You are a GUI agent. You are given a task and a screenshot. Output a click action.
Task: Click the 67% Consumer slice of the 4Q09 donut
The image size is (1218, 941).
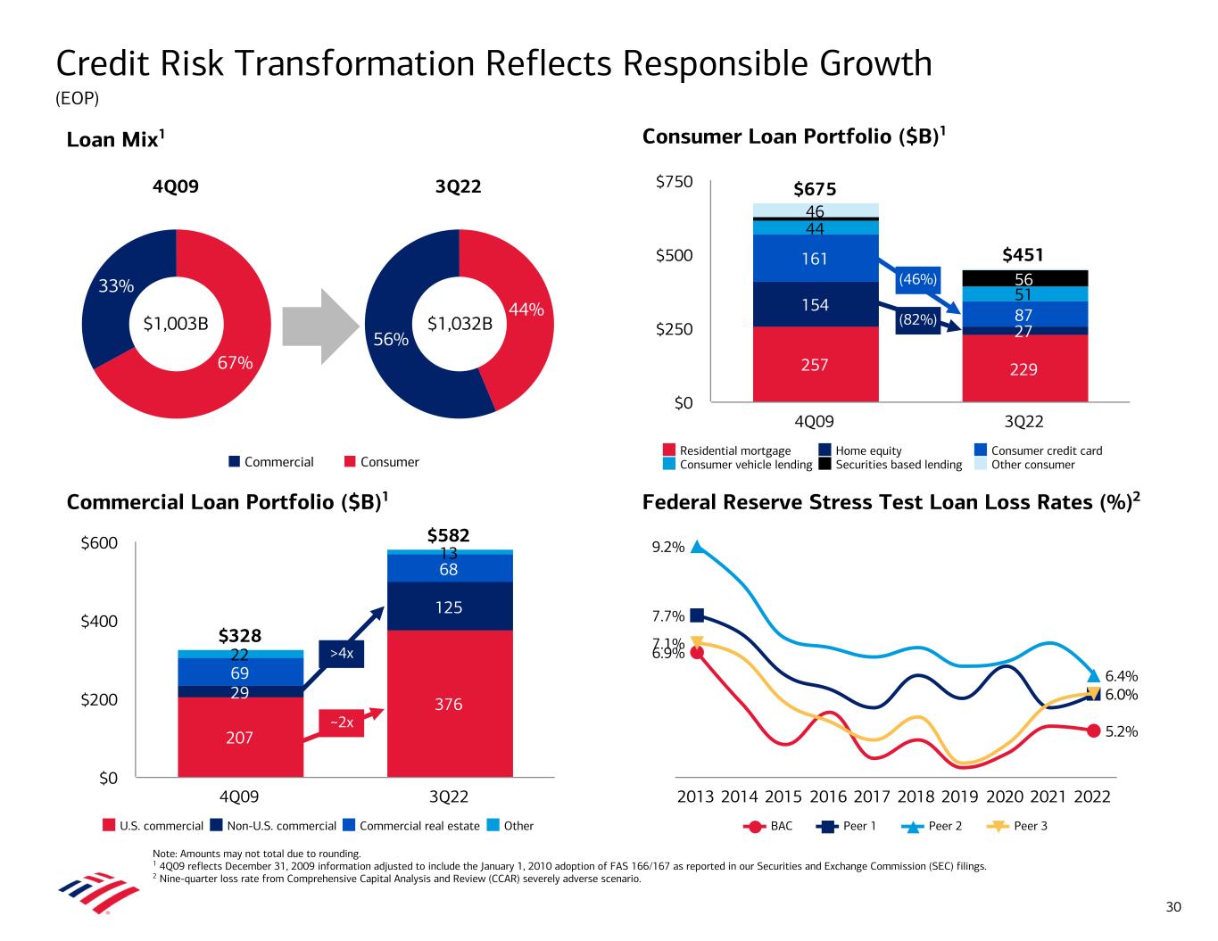[x=223, y=375]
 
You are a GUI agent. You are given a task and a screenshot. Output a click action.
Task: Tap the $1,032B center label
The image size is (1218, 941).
[x=460, y=324]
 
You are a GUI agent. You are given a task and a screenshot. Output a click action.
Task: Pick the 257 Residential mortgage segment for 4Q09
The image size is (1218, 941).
[x=815, y=364]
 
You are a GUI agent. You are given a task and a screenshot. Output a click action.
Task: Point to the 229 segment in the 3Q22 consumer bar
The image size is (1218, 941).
[x=1023, y=368]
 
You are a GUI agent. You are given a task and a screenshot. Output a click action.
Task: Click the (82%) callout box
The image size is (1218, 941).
[x=917, y=319]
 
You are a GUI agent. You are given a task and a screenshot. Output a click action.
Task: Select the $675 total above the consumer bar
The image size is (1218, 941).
[x=815, y=189]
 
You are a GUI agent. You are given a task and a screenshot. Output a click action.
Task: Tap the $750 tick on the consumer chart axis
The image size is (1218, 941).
[x=674, y=182]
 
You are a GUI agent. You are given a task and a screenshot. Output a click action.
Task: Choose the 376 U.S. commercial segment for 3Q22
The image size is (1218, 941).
[x=449, y=704]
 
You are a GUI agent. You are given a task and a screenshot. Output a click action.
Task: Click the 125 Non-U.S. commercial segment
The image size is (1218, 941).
[x=449, y=607]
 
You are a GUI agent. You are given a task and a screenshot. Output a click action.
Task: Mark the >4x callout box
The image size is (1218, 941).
[x=342, y=654]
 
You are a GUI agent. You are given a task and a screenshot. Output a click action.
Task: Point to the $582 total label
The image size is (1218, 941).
[x=449, y=535]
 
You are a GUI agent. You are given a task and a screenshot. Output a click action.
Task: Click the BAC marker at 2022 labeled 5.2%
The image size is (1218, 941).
[x=1093, y=731]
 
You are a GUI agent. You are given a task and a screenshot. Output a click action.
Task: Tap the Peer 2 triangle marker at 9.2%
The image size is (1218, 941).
[x=697, y=547]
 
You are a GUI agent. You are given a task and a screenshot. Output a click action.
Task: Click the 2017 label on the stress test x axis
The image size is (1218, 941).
[x=872, y=797]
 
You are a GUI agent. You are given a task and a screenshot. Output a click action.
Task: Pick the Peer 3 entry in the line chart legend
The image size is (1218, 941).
[x=1021, y=826]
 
